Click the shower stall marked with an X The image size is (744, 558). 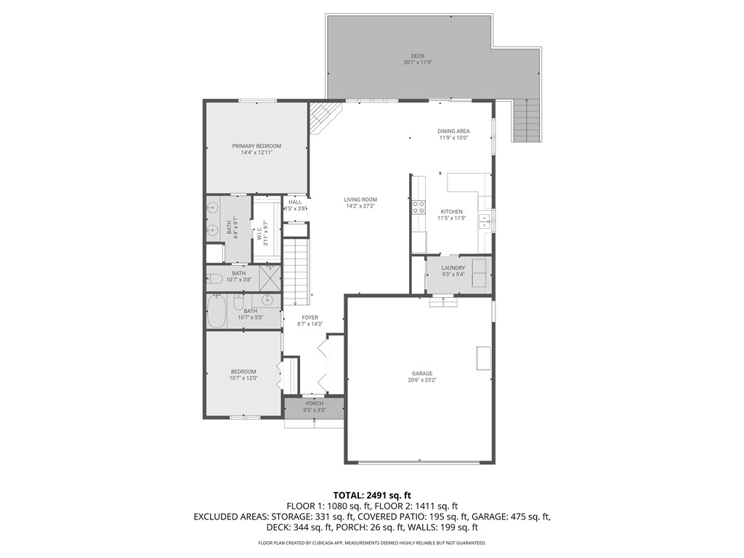coord(270,277)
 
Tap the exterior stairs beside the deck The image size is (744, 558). coord(526,121)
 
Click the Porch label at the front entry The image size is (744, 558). coord(314,403)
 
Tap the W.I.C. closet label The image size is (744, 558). coord(259,233)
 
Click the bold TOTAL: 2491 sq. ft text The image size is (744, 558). coord(372,495)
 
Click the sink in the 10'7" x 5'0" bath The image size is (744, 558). coord(267,299)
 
